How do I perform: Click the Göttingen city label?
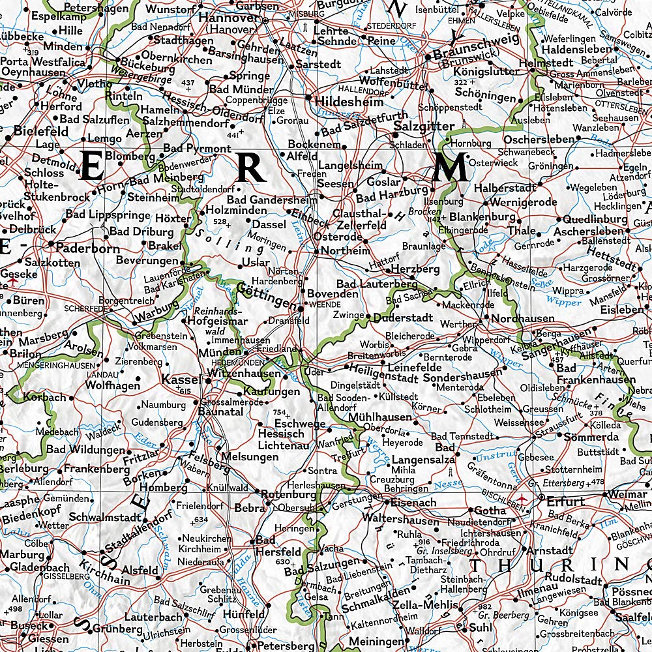[267, 295]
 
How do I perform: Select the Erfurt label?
[566, 501]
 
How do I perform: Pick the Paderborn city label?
[87, 248]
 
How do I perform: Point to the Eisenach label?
[413, 503]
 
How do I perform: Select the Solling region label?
[227, 241]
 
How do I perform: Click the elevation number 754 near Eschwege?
[280, 412]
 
